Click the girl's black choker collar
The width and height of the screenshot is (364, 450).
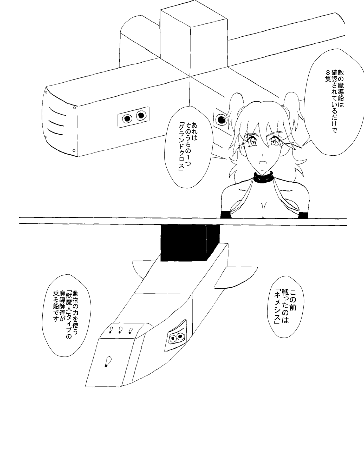264,178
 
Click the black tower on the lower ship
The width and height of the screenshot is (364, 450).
190,243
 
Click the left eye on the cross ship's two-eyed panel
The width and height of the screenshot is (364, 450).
127,118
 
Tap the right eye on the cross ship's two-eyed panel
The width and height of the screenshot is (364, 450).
141,115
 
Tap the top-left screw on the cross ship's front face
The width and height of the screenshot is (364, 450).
46,91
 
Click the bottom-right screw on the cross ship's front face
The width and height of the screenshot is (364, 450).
74,150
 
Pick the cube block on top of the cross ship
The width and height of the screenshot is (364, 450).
194,39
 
